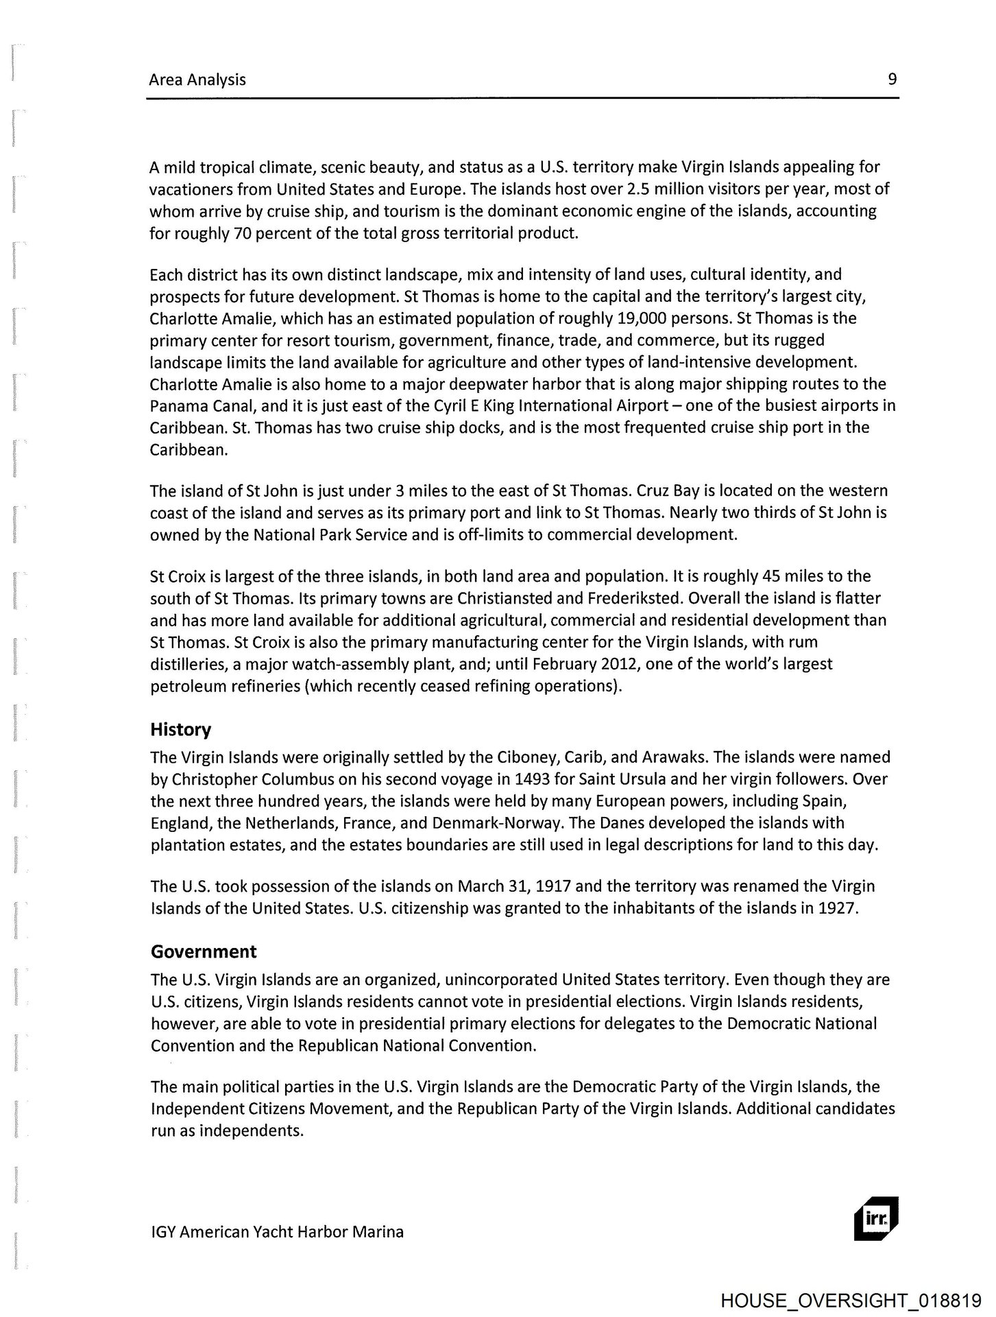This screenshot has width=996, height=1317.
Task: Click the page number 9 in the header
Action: (892, 79)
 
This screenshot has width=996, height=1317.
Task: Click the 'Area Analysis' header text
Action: (197, 80)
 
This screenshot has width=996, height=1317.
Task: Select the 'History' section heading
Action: (181, 729)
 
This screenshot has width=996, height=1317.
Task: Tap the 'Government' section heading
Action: (204, 951)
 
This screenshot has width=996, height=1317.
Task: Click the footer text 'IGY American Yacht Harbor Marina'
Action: (277, 1231)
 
